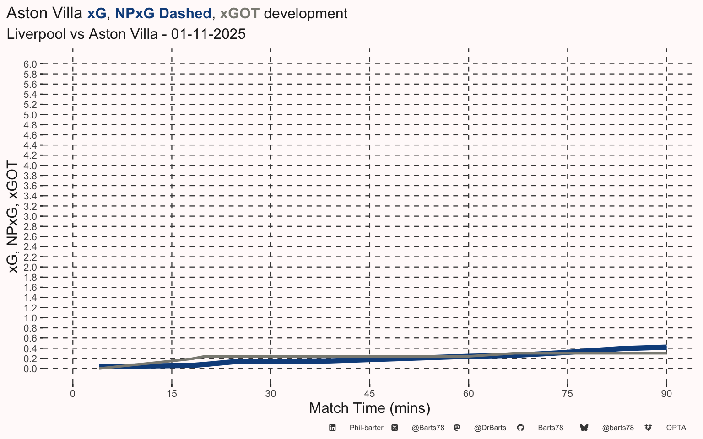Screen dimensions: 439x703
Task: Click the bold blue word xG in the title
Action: [x=97, y=14]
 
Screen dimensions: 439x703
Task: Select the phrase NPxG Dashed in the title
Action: [x=163, y=14]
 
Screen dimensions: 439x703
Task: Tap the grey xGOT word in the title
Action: [x=239, y=14]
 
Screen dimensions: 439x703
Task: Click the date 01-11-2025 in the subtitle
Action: [x=208, y=34]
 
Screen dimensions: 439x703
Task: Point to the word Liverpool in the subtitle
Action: [x=37, y=34]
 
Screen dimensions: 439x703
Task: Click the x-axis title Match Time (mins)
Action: [x=369, y=408]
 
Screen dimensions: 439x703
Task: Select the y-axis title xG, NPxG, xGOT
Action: [x=13, y=217]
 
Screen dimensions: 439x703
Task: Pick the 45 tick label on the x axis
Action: [x=369, y=394]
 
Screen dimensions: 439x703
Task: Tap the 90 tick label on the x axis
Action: [x=666, y=394]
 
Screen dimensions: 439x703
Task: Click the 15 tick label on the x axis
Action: [x=172, y=394]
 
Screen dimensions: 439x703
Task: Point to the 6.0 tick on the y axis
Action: [x=30, y=64]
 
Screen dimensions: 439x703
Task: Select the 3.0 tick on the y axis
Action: [x=30, y=216]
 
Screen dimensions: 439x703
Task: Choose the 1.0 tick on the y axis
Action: [x=30, y=318]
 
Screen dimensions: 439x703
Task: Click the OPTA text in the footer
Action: [x=676, y=428]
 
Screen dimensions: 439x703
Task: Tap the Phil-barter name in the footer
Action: [x=366, y=428]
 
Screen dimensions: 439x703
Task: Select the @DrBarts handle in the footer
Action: [x=490, y=428]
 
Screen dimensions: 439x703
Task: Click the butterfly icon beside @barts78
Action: [x=584, y=428]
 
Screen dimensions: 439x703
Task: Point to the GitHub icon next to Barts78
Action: [x=520, y=428]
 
